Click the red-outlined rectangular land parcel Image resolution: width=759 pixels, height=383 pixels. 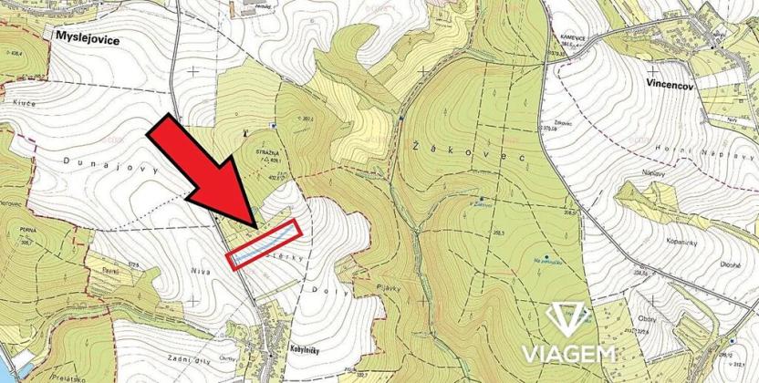(x=264, y=244)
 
